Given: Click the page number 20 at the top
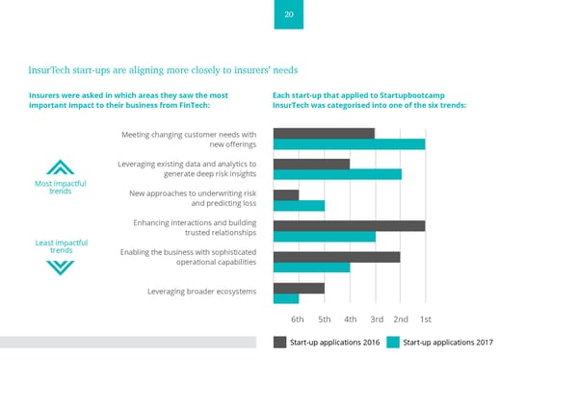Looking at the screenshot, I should (289, 14).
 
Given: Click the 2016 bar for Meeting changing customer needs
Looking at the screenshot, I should (324, 133).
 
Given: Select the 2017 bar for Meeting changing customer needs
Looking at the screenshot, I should (350, 144).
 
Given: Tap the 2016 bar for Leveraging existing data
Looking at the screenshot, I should (311, 164).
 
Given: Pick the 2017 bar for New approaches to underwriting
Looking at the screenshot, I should (300, 205).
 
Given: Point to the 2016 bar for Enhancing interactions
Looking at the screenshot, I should (350, 226).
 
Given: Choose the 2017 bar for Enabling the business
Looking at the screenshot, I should (312, 267).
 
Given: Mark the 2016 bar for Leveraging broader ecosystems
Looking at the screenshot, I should (300, 288).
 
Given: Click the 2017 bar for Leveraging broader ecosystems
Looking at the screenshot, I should (286, 298).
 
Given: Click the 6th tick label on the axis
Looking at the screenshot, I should (298, 320).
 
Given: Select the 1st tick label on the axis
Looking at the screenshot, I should (425, 320).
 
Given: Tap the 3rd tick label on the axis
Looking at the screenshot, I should (377, 320).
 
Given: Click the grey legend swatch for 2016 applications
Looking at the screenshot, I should (279, 342).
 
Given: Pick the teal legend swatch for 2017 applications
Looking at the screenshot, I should (393, 342).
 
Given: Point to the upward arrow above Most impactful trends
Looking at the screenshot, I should (60, 167).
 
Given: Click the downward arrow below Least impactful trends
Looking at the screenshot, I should (60, 267).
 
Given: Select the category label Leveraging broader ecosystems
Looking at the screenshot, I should (201, 292).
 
